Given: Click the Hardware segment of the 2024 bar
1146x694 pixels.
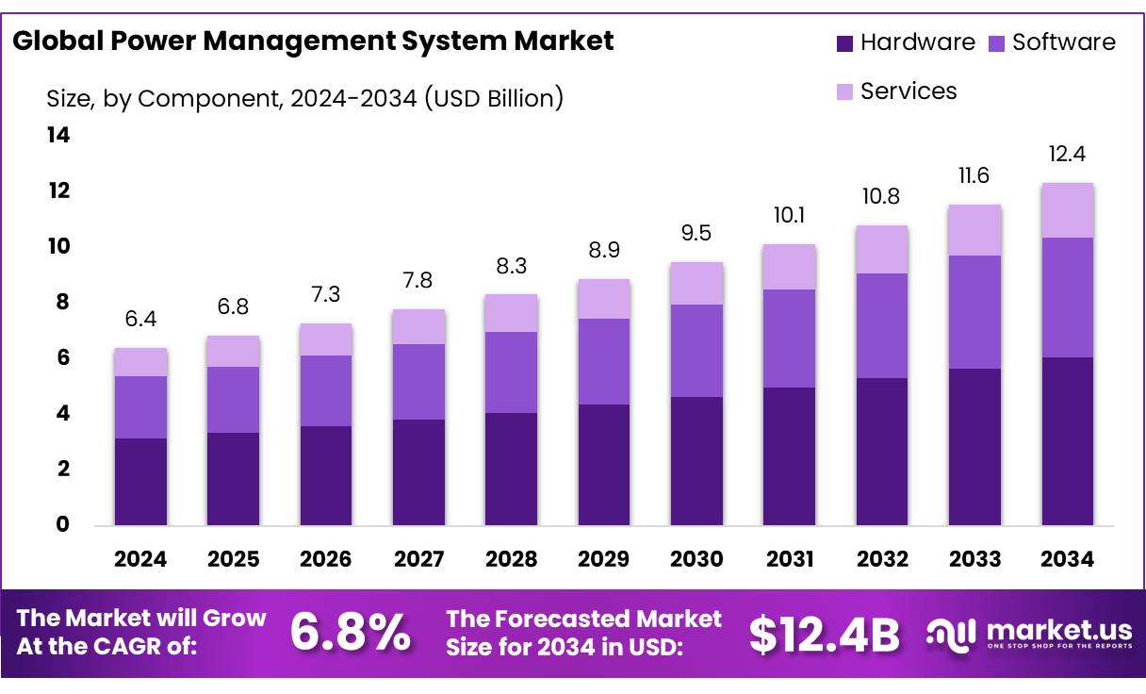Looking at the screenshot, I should (140, 481).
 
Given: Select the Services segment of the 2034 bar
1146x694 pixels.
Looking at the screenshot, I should (1068, 210).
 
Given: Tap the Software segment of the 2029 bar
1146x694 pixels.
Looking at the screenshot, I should (604, 361).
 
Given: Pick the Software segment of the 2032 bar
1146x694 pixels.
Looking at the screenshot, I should (882, 325).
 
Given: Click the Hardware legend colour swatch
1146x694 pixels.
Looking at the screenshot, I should (844, 42).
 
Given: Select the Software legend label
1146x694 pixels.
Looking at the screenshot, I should (1063, 42).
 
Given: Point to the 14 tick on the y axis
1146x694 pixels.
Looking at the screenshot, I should (58, 136).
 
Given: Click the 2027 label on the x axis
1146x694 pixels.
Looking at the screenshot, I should (418, 559).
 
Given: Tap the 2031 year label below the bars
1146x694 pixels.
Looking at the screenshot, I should (790, 559).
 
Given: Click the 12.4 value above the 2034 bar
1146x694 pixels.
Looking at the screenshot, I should (1068, 154).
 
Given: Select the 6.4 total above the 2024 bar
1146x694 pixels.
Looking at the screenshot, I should (140, 320).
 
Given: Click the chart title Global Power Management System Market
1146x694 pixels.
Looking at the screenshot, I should (313, 41).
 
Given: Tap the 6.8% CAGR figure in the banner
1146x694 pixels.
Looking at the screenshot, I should (350, 632).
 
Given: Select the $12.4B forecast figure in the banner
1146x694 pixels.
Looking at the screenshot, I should (824, 634).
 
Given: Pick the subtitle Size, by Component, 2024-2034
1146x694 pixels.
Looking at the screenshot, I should (304, 97).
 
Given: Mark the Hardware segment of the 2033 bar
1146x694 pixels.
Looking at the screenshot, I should (974, 446).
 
